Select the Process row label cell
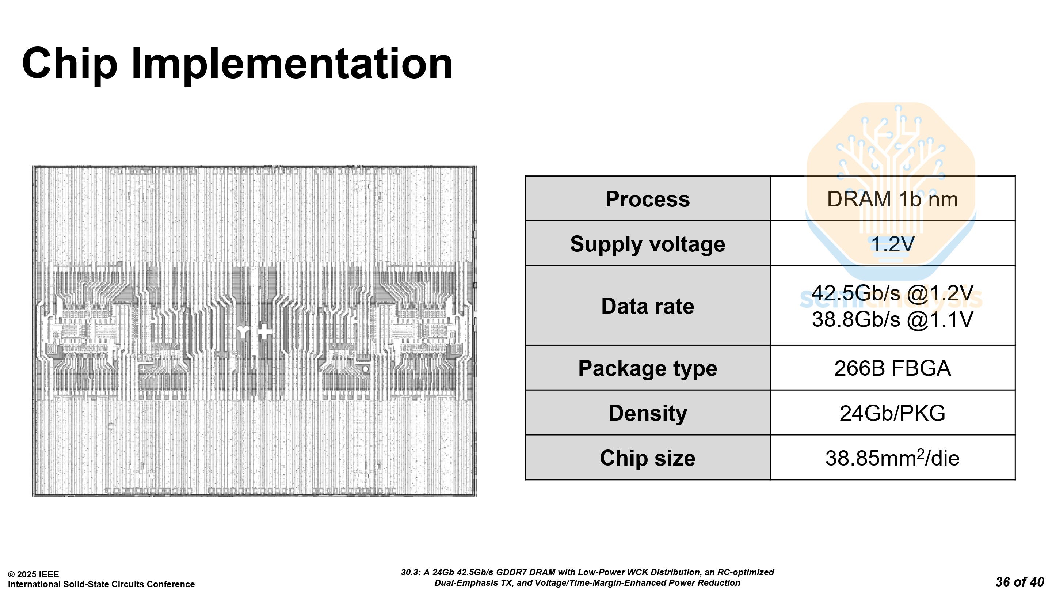click(647, 199)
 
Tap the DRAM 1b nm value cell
click(892, 199)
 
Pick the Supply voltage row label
click(647, 244)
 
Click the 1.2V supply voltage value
click(892, 244)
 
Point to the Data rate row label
click(647, 306)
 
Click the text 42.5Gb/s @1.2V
click(892, 293)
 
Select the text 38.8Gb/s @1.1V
click(892, 319)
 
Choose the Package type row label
click(647, 368)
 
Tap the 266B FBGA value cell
click(892, 368)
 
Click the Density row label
click(647, 413)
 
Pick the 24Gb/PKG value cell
click(892, 413)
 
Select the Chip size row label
click(647, 458)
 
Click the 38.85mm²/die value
click(892, 458)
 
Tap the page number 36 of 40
click(1019, 582)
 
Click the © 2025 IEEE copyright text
click(34, 574)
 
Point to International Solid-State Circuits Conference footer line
click(101, 584)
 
